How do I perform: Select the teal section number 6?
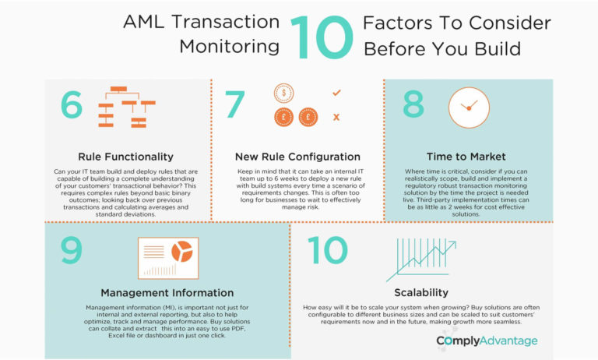click(x=72, y=108)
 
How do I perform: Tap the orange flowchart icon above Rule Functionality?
click(x=125, y=108)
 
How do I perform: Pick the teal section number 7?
click(x=235, y=108)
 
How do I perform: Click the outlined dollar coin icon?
click(x=283, y=94)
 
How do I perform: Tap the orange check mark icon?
click(x=336, y=93)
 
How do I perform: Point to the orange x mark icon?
click(x=336, y=117)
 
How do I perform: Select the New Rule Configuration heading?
click(x=299, y=157)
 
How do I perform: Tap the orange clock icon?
click(x=469, y=108)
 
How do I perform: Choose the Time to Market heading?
click(x=466, y=157)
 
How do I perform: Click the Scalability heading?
click(x=420, y=293)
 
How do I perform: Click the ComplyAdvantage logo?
click(x=487, y=341)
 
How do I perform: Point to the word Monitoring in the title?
click(x=229, y=46)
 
